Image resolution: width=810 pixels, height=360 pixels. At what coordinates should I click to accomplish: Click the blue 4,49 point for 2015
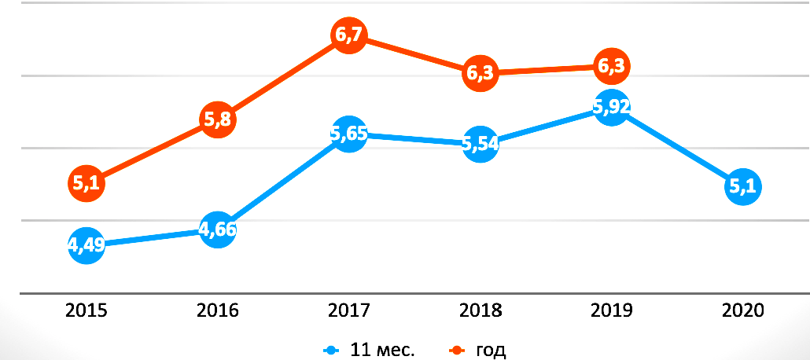pos(87,245)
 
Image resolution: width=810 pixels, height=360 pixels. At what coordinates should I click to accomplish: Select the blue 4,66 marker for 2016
pos(218,230)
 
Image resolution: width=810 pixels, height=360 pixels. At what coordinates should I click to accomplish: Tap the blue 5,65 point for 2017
pos(348,134)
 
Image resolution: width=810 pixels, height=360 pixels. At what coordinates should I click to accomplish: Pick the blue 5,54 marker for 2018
pos(480,144)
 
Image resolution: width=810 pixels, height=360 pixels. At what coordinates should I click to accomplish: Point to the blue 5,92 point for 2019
pos(611,108)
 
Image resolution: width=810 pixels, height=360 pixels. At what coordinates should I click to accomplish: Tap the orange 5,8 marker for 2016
pos(218,120)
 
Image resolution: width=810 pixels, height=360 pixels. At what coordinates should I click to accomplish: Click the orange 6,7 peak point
pos(348,37)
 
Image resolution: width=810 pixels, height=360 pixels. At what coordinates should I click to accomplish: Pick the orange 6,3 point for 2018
pos(480,73)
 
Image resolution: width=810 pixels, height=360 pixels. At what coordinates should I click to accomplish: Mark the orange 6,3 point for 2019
pos(611,68)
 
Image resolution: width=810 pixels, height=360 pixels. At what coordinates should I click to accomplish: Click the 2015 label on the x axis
pos(87,310)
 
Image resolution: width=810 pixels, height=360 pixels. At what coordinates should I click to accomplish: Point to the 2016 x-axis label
pos(218,310)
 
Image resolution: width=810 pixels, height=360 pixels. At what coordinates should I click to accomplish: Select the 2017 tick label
pos(348,310)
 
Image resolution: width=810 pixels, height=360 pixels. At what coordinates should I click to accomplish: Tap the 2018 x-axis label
pos(480,310)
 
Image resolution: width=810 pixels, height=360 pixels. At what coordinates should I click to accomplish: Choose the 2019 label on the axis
pos(611,310)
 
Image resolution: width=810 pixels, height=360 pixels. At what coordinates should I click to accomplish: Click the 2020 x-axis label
pos(742,310)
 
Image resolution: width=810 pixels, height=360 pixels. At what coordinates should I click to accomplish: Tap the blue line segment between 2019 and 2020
pos(676,148)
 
